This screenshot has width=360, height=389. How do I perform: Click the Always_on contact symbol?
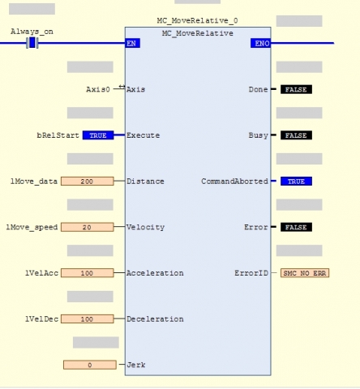coord(32,43)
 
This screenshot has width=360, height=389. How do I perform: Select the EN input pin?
coord(133,43)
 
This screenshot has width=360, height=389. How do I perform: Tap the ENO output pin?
coord(261,43)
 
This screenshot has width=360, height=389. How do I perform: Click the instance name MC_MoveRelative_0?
coord(198,21)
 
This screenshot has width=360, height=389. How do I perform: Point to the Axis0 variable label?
coord(98,89)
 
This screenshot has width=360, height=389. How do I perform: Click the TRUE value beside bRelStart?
coord(98,135)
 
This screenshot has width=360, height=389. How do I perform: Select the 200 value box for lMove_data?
coord(88,182)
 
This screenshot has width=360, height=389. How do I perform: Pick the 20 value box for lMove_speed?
coord(88,227)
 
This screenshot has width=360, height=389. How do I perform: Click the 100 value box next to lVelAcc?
coord(88,273)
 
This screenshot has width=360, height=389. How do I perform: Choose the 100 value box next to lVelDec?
coord(88,319)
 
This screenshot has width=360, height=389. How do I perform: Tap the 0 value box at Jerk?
coord(90,365)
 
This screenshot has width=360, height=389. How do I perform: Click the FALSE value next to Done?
coord(296,89)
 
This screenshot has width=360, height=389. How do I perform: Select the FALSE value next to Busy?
coord(296,135)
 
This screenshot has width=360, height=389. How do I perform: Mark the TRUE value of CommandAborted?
coord(296,182)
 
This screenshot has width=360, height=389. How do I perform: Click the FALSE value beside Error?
coord(296,227)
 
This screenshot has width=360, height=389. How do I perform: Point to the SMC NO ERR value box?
coord(305,273)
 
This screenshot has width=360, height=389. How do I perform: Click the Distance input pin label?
coord(145,182)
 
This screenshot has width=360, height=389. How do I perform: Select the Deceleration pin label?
coord(155,319)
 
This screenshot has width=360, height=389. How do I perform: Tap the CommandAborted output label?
coord(234,182)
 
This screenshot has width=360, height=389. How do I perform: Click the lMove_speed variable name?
coord(32,228)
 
